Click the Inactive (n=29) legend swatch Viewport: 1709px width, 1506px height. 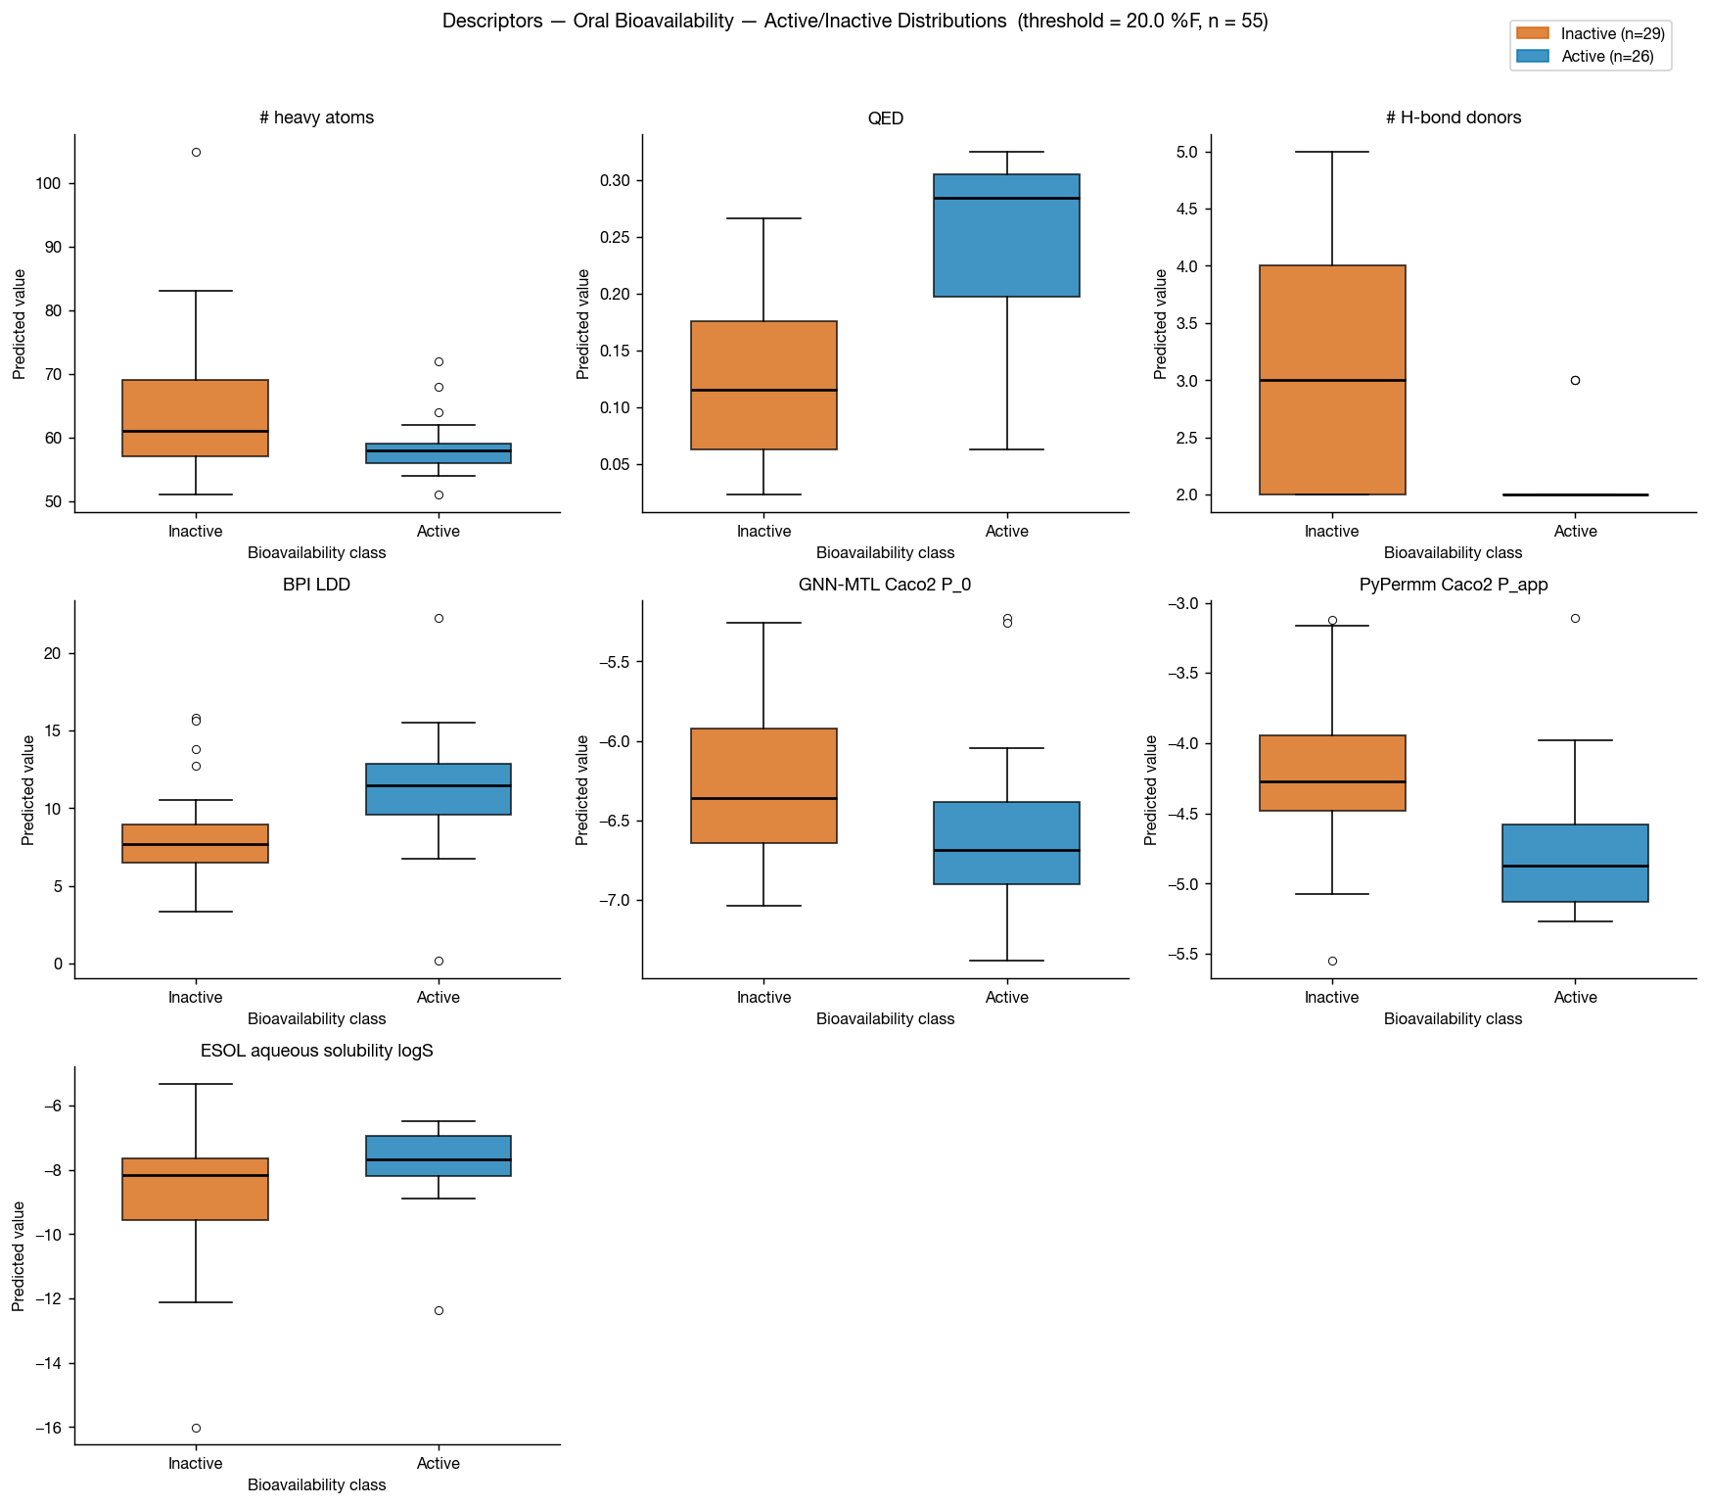pyautogui.click(x=1532, y=33)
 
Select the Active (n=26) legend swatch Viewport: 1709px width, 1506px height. pyautogui.click(x=1532, y=57)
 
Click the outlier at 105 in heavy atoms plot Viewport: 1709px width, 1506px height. pyautogui.click(x=196, y=152)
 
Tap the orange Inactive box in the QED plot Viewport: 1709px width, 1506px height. pyautogui.click(x=763, y=385)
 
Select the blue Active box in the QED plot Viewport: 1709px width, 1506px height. pyautogui.click(x=1006, y=235)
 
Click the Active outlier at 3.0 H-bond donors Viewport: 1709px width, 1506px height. pyautogui.click(x=1575, y=380)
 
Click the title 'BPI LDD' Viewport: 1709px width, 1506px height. pyautogui.click(x=316, y=585)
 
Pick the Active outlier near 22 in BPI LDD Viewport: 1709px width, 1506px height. pyautogui.click(x=439, y=618)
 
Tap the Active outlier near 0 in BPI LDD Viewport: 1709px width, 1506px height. pyautogui.click(x=439, y=961)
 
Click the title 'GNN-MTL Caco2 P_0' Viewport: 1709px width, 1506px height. pyautogui.click(x=885, y=585)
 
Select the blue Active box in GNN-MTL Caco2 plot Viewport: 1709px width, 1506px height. pyautogui.click(x=1006, y=843)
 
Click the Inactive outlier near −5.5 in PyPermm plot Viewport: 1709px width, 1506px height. pyautogui.click(x=1332, y=961)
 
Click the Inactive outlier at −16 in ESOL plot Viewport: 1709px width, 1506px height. pyautogui.click(x=196, y=1428)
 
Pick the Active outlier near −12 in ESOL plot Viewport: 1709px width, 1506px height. pyautogui.click(x=439, y=1310)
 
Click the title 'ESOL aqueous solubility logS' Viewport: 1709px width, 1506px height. pyautogui.click(x=316, y=1051)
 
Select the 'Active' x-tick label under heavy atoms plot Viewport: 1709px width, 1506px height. pyautogui.click(x=439, y=532)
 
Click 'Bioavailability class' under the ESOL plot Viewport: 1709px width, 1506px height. pyautogui.click(x=316, y=1484)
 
